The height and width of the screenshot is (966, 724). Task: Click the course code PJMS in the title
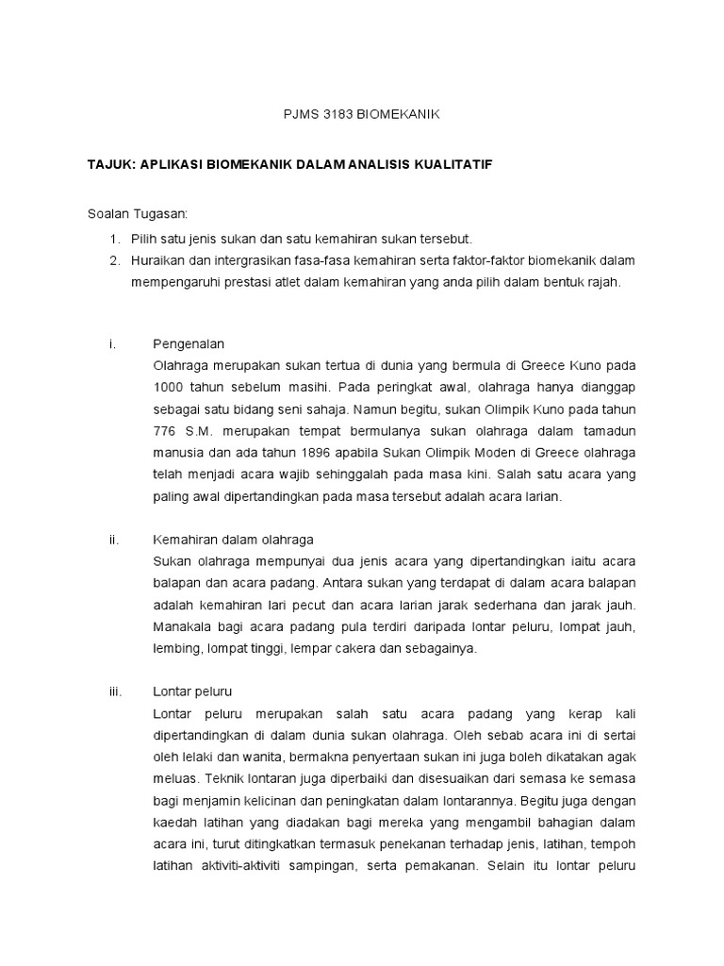[300, 115]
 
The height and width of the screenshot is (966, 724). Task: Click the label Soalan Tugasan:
[138, 214]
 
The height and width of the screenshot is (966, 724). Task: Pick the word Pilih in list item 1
[143, 238]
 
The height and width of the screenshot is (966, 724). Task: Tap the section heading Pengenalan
[188, 343]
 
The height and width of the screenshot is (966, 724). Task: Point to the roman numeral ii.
[113, 540]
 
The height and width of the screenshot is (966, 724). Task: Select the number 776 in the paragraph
[164, 431]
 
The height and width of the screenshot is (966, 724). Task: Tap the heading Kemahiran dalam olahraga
[233, 540]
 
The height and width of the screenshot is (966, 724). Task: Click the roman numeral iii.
[116, 691]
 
